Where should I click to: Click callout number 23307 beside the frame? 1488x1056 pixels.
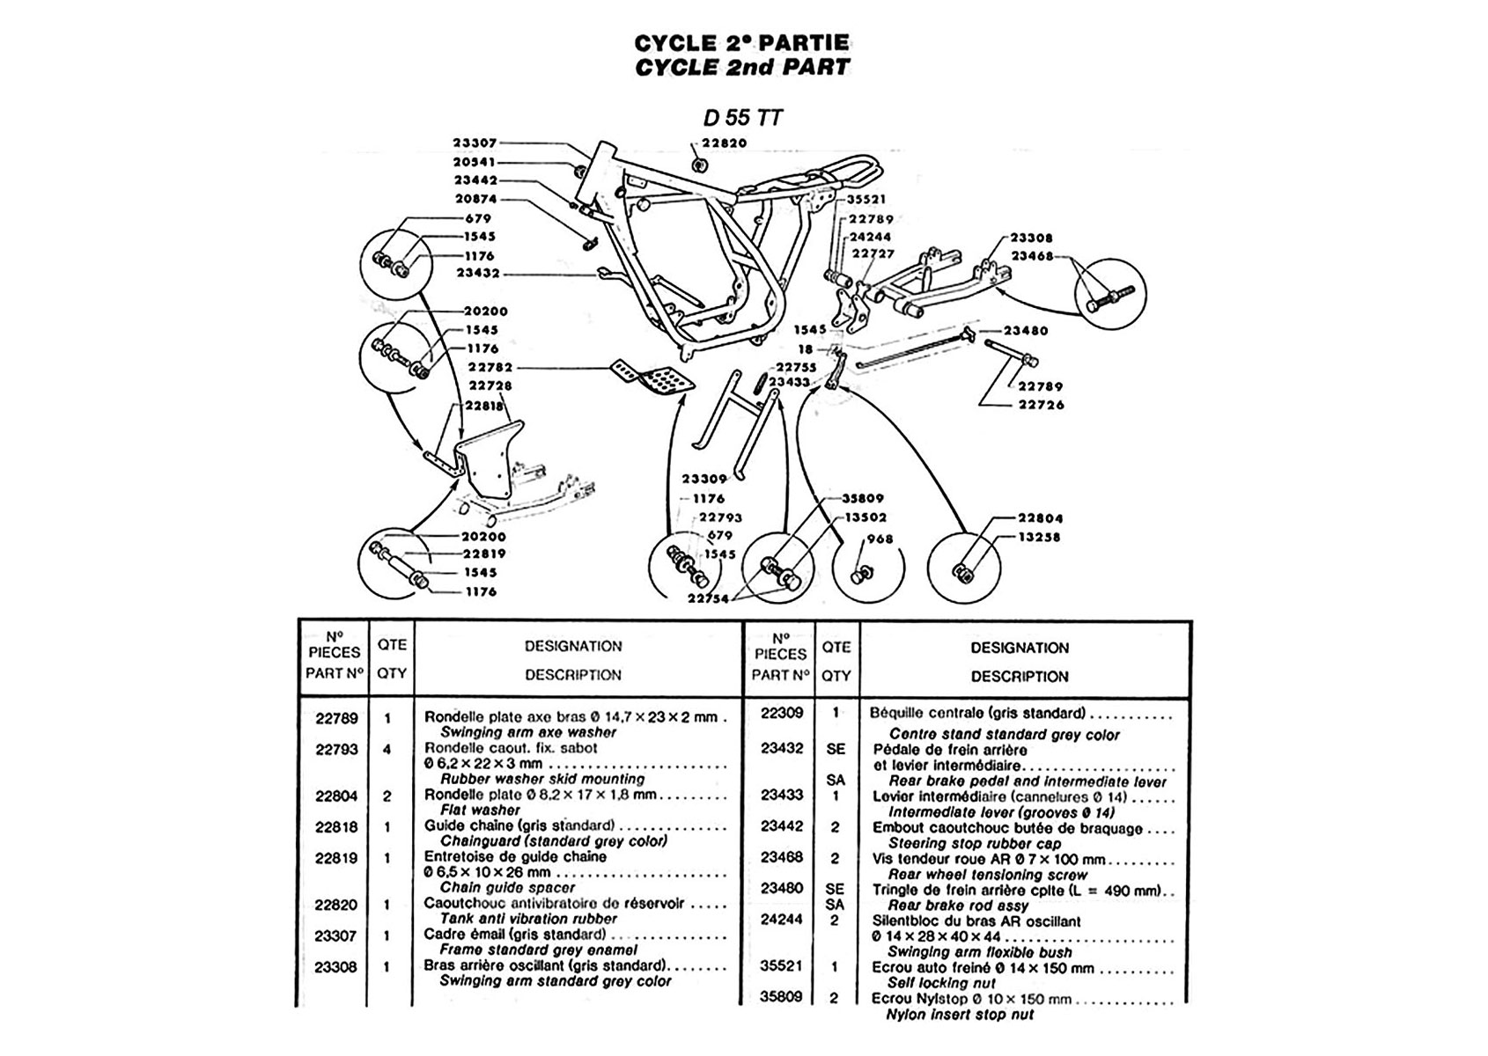(475, 143)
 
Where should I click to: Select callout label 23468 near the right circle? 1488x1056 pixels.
(1032, 256)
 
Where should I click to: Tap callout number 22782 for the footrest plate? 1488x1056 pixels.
(490, 367)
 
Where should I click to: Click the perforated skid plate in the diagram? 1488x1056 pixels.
(654, 377)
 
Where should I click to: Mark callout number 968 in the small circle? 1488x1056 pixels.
(880, 539)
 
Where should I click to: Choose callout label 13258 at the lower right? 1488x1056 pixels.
(1039, 537)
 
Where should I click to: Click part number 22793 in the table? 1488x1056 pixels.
(336, 749)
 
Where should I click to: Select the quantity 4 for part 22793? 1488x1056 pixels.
(387, 749)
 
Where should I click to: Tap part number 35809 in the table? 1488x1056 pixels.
(782, 998)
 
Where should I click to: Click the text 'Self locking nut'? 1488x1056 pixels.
(941, 982)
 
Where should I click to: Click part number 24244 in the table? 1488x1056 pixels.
(782, 920)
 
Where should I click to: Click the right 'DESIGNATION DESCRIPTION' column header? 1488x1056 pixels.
(1020, 662)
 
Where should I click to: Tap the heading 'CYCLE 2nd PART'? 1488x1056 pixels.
(742, 67)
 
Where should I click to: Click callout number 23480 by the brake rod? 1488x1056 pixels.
(1026, 331)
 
